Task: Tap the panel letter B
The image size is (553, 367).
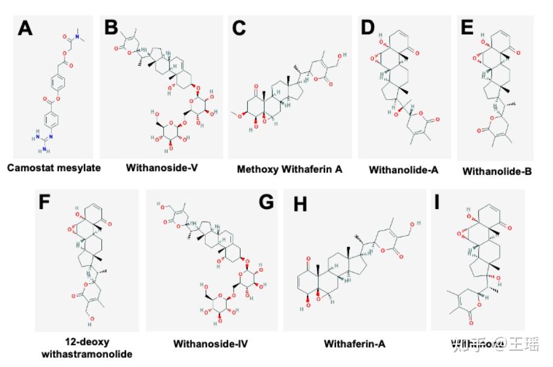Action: [112, 28]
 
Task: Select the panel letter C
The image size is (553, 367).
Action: [240, 28]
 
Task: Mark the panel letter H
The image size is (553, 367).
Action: [299, 204]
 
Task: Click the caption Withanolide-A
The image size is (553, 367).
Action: [403, 170]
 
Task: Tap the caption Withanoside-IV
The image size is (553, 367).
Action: [210, 344]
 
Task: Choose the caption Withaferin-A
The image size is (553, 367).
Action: [354, 343]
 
